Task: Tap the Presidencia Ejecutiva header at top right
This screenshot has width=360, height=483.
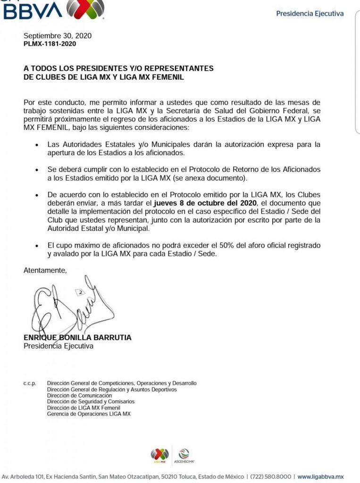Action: click(x=310, y=14)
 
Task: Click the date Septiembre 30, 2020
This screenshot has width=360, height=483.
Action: click(x=58, y=36)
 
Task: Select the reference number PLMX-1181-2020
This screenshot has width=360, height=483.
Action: click(x=50, y=44)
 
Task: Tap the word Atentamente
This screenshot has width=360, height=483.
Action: click(x=45, y=270)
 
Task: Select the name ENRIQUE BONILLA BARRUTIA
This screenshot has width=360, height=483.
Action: click(x=77, y=338)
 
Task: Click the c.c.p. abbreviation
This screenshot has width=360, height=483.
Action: click(x=30, y=383)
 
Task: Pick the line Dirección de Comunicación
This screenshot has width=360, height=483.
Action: click(x=79, y=396)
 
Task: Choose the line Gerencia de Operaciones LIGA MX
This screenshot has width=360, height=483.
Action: click(x=89, y=414)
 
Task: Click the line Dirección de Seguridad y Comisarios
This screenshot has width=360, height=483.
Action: click(x=91, y=402)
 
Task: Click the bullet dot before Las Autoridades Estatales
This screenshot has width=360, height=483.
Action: click(x=37, y=144)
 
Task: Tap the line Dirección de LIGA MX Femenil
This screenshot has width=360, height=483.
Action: click(x=84, y=408)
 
